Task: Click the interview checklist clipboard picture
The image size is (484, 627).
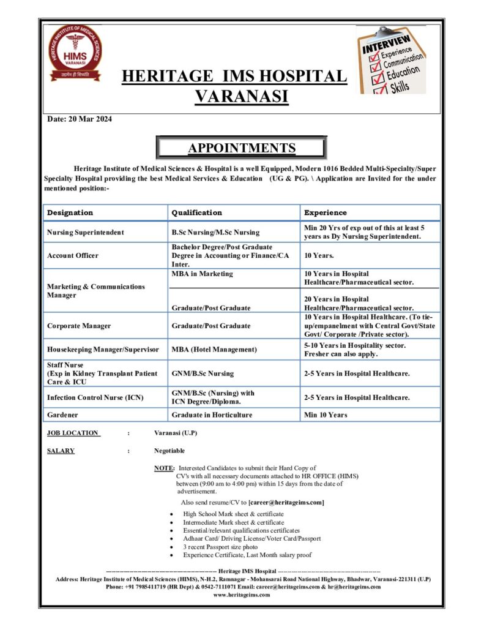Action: (x=392, y=60)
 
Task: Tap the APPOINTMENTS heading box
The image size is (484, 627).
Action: (x=242, y=148)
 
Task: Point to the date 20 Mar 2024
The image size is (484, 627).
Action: (x=80, y=119)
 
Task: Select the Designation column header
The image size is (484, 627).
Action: (x=70, y=212)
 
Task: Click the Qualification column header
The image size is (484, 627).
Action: (x=196, y=212)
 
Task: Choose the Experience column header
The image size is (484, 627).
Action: (x=326, y=212)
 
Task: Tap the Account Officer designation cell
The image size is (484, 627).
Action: (x=72, y=255)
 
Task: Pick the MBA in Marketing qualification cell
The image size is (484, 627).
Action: (x=202, y=274)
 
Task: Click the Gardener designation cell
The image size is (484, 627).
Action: (x=62, y=415)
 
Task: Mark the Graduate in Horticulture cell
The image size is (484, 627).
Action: (x=212, y=415)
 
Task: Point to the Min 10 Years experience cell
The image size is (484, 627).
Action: (x=326, y=415)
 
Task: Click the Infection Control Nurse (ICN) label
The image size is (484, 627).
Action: (x=95, y=397)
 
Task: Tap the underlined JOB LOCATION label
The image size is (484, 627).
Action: (x=73, y=433)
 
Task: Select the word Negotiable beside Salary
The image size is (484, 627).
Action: (x=169, y=451)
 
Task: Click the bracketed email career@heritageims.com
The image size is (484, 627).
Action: (x=286, y=503)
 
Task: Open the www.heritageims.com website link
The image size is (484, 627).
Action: (x=242, y=595)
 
